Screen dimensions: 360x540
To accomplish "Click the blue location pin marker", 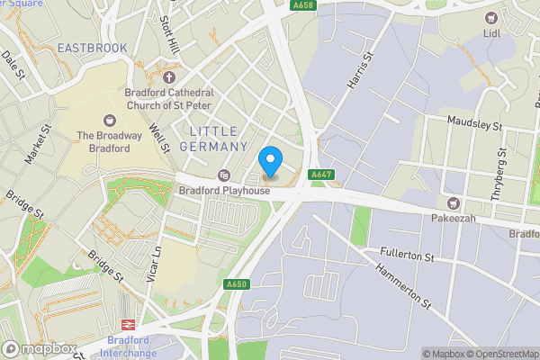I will pos(270,161).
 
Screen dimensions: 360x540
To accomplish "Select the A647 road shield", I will pos(321,175).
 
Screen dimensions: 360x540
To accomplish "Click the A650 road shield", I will pos(237,284).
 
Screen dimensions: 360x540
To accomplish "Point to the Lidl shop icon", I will pos(491,18).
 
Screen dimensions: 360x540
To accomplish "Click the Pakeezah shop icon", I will pos(454,204).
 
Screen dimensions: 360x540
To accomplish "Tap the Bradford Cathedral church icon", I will pos(168,78).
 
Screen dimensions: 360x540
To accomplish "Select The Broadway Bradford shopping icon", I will pos(110,120).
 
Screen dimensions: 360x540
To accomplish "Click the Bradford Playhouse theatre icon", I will pos(224,175).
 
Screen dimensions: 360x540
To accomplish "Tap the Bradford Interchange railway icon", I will pos(128,324).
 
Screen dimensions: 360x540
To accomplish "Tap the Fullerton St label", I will pos(406,256).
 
